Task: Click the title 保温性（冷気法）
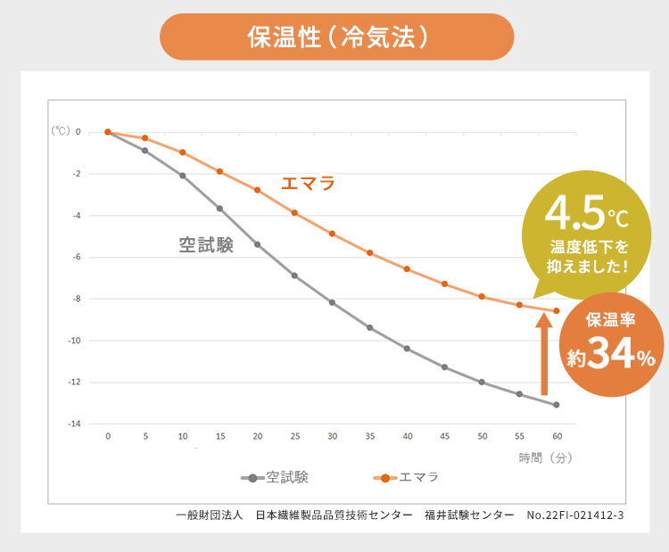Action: coord(336,37)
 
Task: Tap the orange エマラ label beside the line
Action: coord(308,184)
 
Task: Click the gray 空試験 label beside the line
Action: coord(206,245)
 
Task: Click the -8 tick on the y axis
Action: coord(77,299)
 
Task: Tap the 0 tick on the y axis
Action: coord(78,132)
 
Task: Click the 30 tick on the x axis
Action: coord(332,436)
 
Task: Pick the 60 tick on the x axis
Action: coord(557,436)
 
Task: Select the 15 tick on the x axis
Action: coord(219,436)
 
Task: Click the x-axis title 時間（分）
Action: coord(545,457)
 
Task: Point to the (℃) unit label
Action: coord(60,130)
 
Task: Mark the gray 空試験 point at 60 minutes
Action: coord(557,405)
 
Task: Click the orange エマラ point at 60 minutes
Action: coord(557,310)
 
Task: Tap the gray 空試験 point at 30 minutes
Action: coord(332,303)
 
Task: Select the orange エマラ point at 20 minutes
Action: coord(257,190)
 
